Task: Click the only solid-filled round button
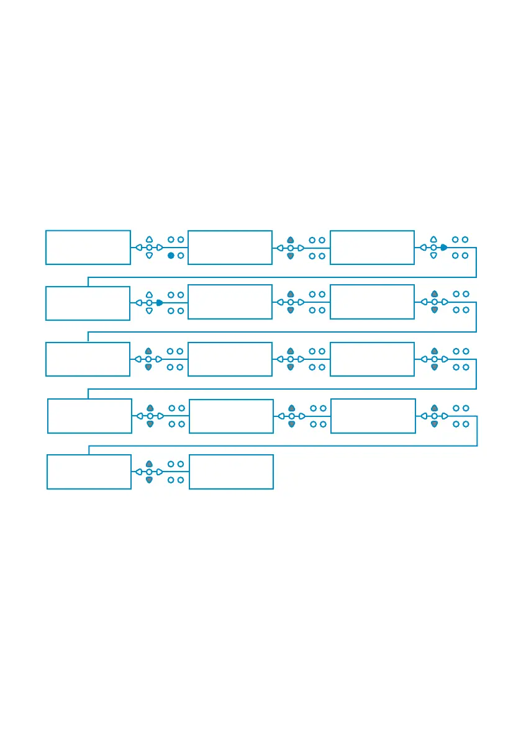171,256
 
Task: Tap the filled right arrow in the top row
443,247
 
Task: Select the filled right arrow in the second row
160,303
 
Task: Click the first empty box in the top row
88,247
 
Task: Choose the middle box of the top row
230,248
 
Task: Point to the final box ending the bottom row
231,472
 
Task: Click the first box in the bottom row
89,472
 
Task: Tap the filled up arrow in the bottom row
149,464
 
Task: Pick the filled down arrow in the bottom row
149,480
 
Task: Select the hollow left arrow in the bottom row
138,472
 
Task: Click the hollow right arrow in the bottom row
160,472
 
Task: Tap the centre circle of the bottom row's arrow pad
149,472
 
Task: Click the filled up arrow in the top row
290,240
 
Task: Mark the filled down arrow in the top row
290,256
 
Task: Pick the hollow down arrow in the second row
149,310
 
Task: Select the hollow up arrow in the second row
149,295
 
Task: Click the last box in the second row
372,302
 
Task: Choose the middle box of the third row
230,359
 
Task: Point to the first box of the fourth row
89,416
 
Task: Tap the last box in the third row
372,359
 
